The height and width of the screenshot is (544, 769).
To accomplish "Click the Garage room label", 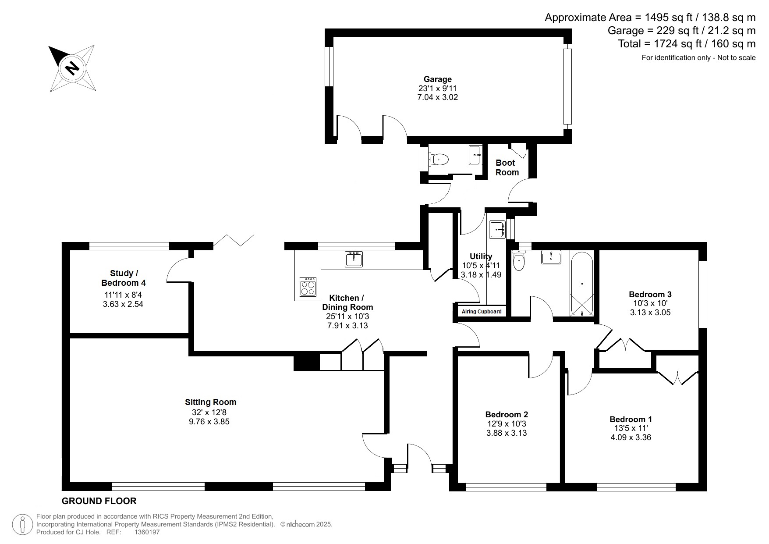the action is tap(437, 79).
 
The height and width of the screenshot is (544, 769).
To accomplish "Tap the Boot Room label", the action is tap(507, 167).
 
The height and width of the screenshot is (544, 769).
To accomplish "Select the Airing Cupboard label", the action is tap(482, 312).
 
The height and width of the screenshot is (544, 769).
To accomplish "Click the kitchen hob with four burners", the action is tap(308, 287).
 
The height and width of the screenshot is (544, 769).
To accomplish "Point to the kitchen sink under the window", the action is tap(354, 259).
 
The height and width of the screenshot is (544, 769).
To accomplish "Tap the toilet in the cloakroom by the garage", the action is tap(439, 159).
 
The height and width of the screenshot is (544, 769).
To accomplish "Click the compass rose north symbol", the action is tap(72, 68).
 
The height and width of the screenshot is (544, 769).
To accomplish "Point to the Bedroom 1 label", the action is tap(631, 419).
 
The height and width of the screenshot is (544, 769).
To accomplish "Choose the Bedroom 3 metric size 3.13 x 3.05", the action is tap(650, 313).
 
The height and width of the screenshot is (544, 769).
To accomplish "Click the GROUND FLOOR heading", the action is tap(99, 501).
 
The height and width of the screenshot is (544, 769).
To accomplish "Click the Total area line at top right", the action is tap(687, 44).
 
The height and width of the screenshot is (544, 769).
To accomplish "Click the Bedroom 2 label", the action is tap(507, 414).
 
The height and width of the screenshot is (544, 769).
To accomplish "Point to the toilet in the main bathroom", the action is tap(519, 261).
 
